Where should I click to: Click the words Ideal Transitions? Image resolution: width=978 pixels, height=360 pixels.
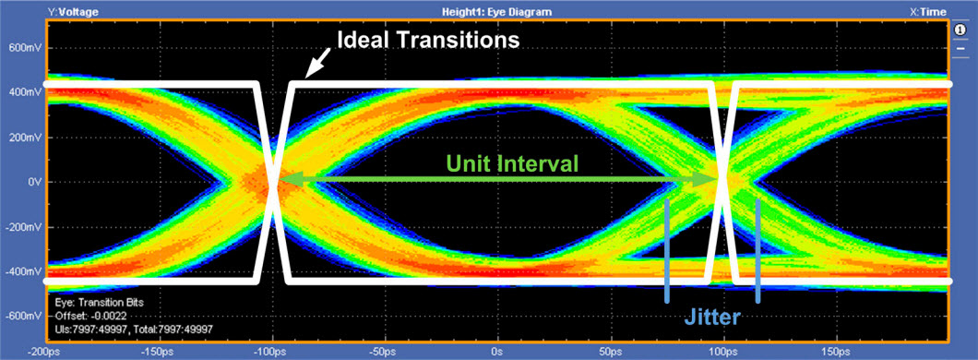pyautogui.click(x=428, y=41)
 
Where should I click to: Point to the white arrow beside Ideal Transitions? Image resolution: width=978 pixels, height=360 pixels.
pyautogui.click(x=316, y=64)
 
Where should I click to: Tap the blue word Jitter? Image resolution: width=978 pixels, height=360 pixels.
pyautogui.click(x=711, y=318)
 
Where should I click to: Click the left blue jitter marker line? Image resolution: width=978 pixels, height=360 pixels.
pyautogui.click(x=667, y=251)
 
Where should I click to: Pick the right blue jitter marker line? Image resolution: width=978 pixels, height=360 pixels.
pyautogui.click(x=757, y=251)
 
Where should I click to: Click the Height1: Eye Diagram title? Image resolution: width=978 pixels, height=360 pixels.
pyautogui.click(x=496, y=11)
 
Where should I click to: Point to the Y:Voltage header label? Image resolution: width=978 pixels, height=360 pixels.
pyautogui.click(x=73, y=11)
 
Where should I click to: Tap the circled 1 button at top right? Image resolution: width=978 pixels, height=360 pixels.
pyautogui.click(x=960, y=30)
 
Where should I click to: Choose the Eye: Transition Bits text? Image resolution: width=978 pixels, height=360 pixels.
pyautogui.click(x=100, y=303)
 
